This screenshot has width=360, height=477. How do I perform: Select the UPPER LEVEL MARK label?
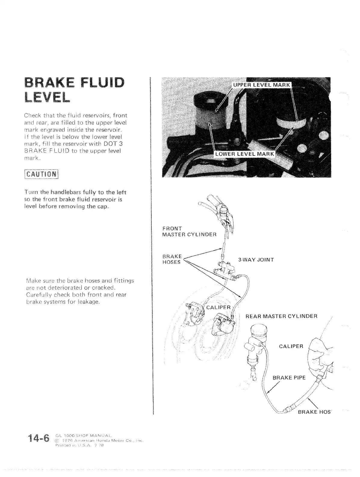[x=260, y=85]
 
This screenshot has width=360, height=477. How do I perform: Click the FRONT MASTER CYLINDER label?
[x=189, y=232]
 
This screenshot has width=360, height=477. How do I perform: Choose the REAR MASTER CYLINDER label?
[x=282, y=316]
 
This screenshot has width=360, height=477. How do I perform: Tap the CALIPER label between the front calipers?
[x=218, y=307]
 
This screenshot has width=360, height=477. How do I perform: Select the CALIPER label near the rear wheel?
[x=291, y=346]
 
